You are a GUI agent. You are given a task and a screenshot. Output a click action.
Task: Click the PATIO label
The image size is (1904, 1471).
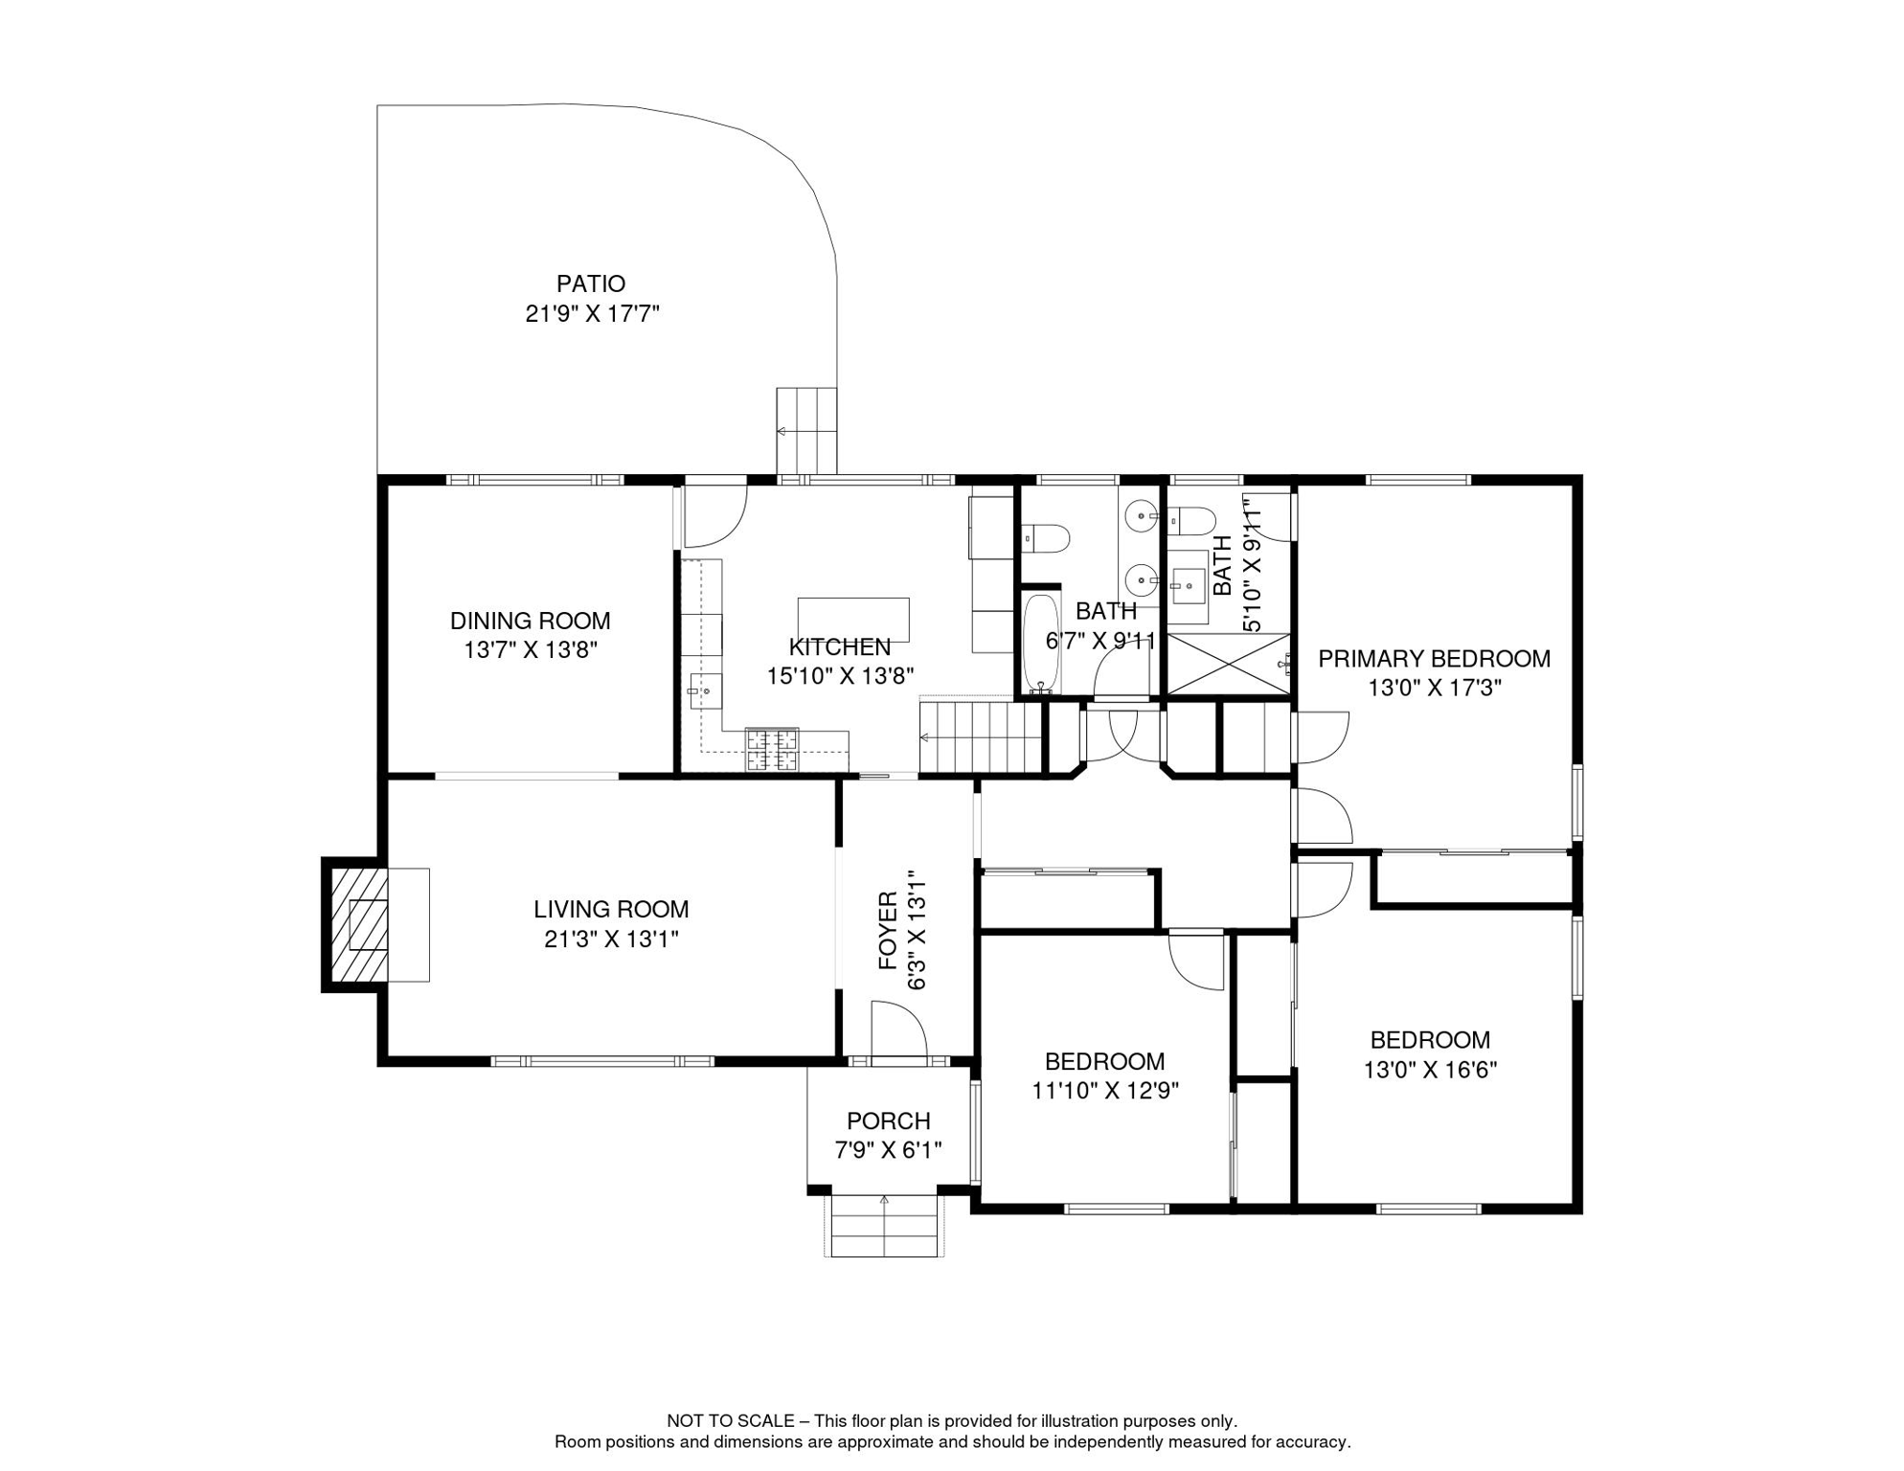click(591, 283)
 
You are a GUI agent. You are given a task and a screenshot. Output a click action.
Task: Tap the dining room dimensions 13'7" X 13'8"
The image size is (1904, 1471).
click(531, 650)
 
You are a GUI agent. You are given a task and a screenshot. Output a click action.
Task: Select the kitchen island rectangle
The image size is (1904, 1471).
click(853, 620)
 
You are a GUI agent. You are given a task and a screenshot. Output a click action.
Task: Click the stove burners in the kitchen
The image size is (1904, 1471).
click(772, 750)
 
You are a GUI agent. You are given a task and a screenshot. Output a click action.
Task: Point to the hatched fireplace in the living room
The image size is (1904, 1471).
click(359, 924)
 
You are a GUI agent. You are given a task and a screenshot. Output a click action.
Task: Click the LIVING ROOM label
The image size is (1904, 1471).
click(611, 909)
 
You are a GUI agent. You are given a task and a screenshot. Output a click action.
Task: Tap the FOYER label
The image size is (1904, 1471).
click(889, 930)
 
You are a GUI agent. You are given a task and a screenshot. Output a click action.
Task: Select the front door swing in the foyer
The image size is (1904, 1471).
click(899, 1030)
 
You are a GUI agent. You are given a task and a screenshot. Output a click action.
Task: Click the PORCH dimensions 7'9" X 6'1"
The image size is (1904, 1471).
click(889, 1150)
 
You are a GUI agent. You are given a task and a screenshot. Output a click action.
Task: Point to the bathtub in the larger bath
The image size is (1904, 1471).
click(1041, 644)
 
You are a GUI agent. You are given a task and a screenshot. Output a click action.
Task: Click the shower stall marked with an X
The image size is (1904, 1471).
click(1229, 663)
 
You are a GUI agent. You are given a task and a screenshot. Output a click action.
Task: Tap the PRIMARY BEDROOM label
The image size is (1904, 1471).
click(1434, 659)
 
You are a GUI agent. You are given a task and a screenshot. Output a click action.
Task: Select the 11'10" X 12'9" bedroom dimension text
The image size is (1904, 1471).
click(1104, 1091)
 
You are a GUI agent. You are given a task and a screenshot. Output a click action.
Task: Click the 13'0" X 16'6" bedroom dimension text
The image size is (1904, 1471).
click(1430, 1070)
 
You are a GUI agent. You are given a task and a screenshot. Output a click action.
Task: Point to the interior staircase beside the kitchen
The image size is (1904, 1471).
click(980, 736)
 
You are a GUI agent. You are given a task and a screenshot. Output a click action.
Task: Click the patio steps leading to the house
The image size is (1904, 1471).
click(806, 431)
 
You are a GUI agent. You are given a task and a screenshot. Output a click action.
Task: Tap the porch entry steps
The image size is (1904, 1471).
click(884, 1226)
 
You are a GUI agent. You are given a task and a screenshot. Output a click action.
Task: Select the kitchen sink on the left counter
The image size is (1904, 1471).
click(706, 690)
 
